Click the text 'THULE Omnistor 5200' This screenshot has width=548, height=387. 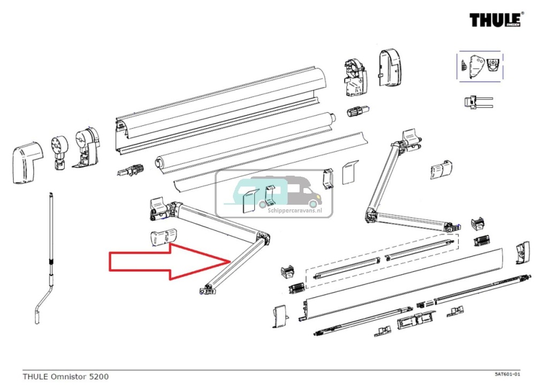pyautogui.click(x=65, y=376)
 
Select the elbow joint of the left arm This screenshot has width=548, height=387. pyautogui.click(x=262, y=239)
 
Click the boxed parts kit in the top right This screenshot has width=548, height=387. pyautogui.click(x=479, y=66)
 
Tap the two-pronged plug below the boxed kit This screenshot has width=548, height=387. pyautogui.click(x=476, y=103)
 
